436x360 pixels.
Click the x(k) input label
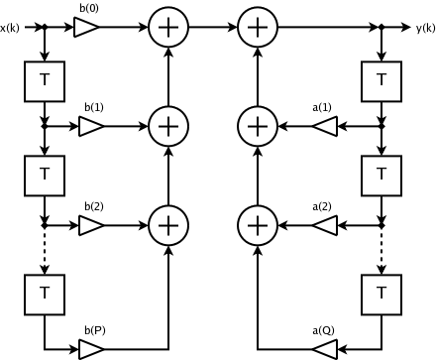pos(10,29)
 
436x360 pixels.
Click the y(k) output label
pos(425,29)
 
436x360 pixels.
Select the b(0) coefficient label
pos(89,8)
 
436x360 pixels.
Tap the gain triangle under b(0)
pos(86,27)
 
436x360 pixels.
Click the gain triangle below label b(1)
pos(91,126)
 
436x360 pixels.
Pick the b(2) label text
pos(94,206)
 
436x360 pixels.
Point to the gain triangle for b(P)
pos(91,349)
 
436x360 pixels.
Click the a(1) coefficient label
pos(322,107)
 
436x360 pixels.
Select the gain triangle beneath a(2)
pos(325,225)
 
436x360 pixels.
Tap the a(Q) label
pos(323,330)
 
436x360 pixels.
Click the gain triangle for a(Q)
pos(325,349)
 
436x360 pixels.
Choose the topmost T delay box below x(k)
pos(45,81)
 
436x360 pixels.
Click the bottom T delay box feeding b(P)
pos(45,295)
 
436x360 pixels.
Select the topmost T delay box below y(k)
pos(381,81)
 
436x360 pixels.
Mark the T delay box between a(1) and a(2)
pos(381,176)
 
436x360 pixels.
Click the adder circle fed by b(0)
pos(168,27)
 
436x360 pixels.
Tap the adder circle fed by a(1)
pos(258,126)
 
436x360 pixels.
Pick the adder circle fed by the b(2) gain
pos(168,225)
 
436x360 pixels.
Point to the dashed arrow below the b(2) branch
pos(45,250)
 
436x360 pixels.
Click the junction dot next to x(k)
pos(45,27)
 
